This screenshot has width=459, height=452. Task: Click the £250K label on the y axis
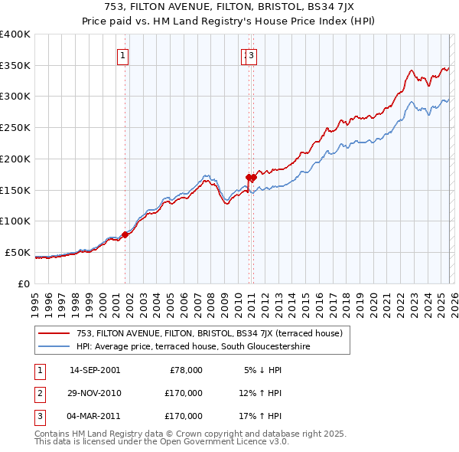15,128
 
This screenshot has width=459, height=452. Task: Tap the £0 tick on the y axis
24,283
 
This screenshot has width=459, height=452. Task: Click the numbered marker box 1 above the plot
122,54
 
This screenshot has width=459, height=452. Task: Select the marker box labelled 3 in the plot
252,54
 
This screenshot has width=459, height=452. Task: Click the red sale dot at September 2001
125,235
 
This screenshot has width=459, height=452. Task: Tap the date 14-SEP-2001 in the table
95,370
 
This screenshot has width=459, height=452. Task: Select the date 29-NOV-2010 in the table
95,393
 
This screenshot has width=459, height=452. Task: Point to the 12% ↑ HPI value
260,393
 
